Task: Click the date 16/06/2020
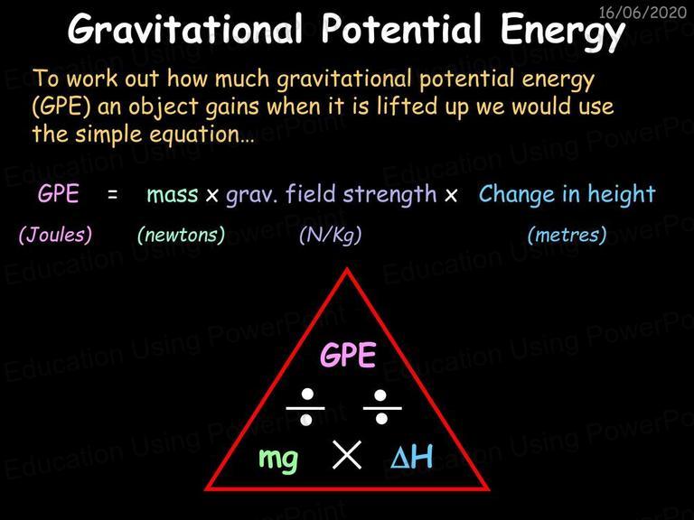[x=642, y=12]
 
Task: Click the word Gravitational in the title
[x=185, y=28]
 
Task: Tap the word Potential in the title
[x=401, y=28]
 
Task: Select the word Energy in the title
[x=563, y=32]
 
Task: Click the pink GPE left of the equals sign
[x=59, y=193]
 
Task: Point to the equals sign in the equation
[x=113, y=194]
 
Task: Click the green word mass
[x=173, y=195]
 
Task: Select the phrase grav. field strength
[x=331, y=194]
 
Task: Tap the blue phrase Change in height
[x=567, y=194]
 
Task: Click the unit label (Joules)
[x=55, y=235]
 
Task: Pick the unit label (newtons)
[x=181, y=235]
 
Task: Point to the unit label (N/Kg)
[x=330, y=235]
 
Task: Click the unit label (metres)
[x=567, y=235]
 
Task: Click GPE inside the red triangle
[x=348, y=355]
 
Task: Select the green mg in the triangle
[x=278, y=460]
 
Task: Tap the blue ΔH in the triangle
[x=412, y=456]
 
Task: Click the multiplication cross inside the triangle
[x=347, y=455]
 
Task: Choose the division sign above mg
[x=305, y=407]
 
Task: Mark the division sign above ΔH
[x=382, y=407]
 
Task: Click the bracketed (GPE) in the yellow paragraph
[x=61, y=107]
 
